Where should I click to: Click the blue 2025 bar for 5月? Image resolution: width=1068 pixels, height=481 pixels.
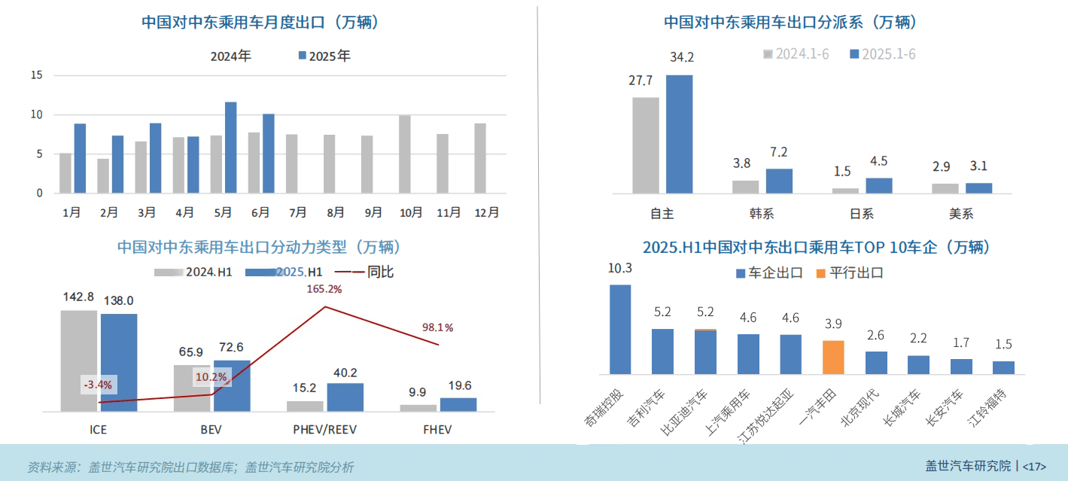click(231, 148)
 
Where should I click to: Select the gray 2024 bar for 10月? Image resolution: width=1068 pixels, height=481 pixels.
click(405, 154)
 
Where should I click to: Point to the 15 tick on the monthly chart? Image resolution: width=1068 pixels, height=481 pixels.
click(36, 75)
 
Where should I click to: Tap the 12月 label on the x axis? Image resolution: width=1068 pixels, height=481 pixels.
click(486, 213)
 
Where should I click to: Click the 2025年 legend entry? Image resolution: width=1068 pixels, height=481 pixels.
click(324, 56)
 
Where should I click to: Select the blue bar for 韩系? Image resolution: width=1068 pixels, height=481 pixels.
click(779, 181)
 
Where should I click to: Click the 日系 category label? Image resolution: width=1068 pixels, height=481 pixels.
click(862, 214)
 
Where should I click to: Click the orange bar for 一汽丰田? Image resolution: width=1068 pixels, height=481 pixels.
click(833, 357)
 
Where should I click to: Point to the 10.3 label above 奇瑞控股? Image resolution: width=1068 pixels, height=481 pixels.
click(619, 269)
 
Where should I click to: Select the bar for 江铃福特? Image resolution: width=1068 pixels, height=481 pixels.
click(1003, 367)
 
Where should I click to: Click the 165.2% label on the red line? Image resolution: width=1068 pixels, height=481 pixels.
click(324, 289)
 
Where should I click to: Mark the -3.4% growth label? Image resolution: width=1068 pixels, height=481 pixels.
click(98, 385)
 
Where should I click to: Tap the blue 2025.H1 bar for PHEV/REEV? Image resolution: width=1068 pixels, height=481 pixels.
click(345, 397)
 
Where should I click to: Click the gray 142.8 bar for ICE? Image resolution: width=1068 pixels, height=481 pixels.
click(79, 361)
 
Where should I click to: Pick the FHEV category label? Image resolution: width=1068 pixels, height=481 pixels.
click(438, 431)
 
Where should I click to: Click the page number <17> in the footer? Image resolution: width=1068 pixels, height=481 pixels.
click(1034, 466)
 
